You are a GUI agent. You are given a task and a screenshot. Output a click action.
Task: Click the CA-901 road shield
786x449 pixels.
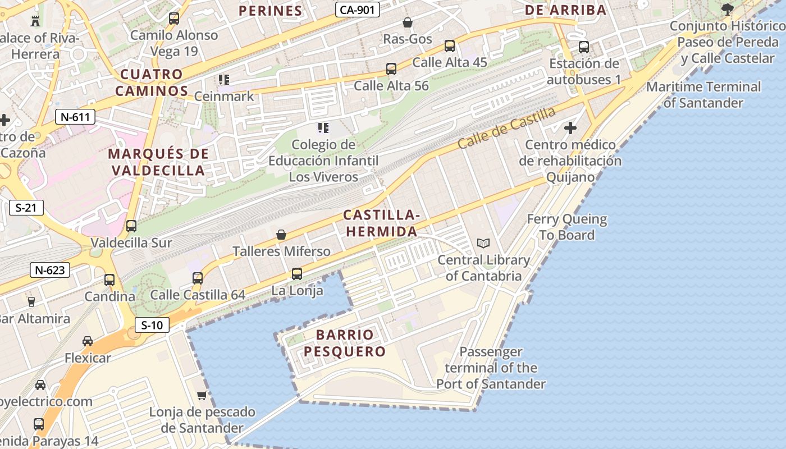coord(358,10)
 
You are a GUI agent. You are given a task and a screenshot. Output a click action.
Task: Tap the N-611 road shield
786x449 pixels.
coord(75,117)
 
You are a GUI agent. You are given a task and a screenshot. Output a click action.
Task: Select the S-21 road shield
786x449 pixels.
coord(26,208)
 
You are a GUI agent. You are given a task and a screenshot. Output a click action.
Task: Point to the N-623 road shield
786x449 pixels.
coord(50,270)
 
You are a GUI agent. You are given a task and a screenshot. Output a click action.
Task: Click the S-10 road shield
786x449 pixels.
coord(152,324)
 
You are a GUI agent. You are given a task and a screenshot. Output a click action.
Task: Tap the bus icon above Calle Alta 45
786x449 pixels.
coord(450,46)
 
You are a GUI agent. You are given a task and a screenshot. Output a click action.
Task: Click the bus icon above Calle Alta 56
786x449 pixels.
coord(391,70)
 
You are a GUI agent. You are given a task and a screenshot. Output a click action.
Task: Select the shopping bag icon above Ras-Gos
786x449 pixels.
coord(408,22)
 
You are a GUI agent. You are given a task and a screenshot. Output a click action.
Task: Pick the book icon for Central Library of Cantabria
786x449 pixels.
coord(483,244)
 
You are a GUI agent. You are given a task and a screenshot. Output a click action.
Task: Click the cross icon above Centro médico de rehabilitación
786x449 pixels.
coord(570,128)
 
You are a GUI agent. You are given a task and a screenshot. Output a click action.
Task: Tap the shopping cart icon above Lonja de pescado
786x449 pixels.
coord(202,396)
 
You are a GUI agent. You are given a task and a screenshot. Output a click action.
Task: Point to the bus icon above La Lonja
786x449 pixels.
coord(297,274)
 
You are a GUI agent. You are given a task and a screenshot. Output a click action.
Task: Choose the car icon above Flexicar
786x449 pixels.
coord(88,341)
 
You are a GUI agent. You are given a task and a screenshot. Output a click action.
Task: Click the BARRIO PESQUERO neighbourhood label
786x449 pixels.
coord(344,343)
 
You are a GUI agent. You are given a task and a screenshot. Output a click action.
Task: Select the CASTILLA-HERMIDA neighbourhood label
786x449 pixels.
coord(381,223)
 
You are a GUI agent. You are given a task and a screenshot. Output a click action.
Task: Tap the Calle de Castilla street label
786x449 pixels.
coord(506,128)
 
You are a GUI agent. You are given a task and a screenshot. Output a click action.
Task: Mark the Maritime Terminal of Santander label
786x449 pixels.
coord(703,95)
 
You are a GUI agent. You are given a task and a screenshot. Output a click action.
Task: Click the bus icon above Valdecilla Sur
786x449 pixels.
coord(131,226)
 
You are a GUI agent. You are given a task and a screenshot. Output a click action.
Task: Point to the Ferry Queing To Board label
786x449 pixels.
coord(567,227)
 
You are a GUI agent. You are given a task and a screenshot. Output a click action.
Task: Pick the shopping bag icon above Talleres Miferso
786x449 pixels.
coord(281,235)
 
